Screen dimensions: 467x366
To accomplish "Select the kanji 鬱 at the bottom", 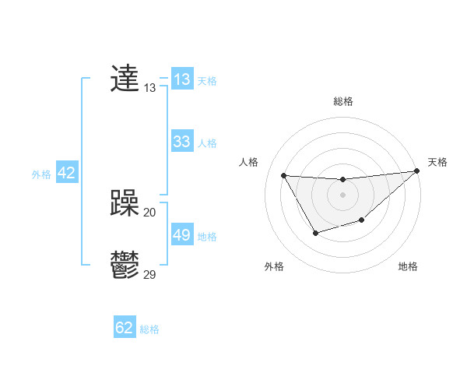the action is [x=125, y=265].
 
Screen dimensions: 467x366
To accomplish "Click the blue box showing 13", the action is [x=181, y=79].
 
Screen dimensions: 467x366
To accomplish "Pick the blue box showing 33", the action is [x=181, y=142].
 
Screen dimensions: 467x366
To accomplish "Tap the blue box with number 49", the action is [x=181, y=235].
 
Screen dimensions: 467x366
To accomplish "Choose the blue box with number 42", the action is [x=66, y=173].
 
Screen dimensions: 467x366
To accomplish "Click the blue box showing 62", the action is [x=125, y=328].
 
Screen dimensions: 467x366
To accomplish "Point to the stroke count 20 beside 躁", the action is [x=150, y=212].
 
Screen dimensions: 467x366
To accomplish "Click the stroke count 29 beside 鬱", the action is [x=150, y=274].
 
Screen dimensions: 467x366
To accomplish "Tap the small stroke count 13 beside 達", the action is [x=150, y=88].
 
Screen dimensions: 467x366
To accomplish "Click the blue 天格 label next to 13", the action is [x=207, y=81].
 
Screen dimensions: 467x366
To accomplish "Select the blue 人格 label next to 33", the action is [x=207, y=143].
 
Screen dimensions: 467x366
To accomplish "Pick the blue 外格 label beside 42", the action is [x=41, y=174].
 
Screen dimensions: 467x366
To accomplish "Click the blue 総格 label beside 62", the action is [x=149, y=329].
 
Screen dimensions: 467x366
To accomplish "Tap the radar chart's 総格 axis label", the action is [x=342, y=101].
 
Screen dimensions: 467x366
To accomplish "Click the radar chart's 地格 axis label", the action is [x=408, y=266].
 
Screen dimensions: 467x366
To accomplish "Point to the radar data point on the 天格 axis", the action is [x=416, y=171].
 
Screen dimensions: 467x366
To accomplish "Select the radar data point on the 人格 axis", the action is [x=283, y=175].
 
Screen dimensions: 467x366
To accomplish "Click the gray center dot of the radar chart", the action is [x=342, y=194].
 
